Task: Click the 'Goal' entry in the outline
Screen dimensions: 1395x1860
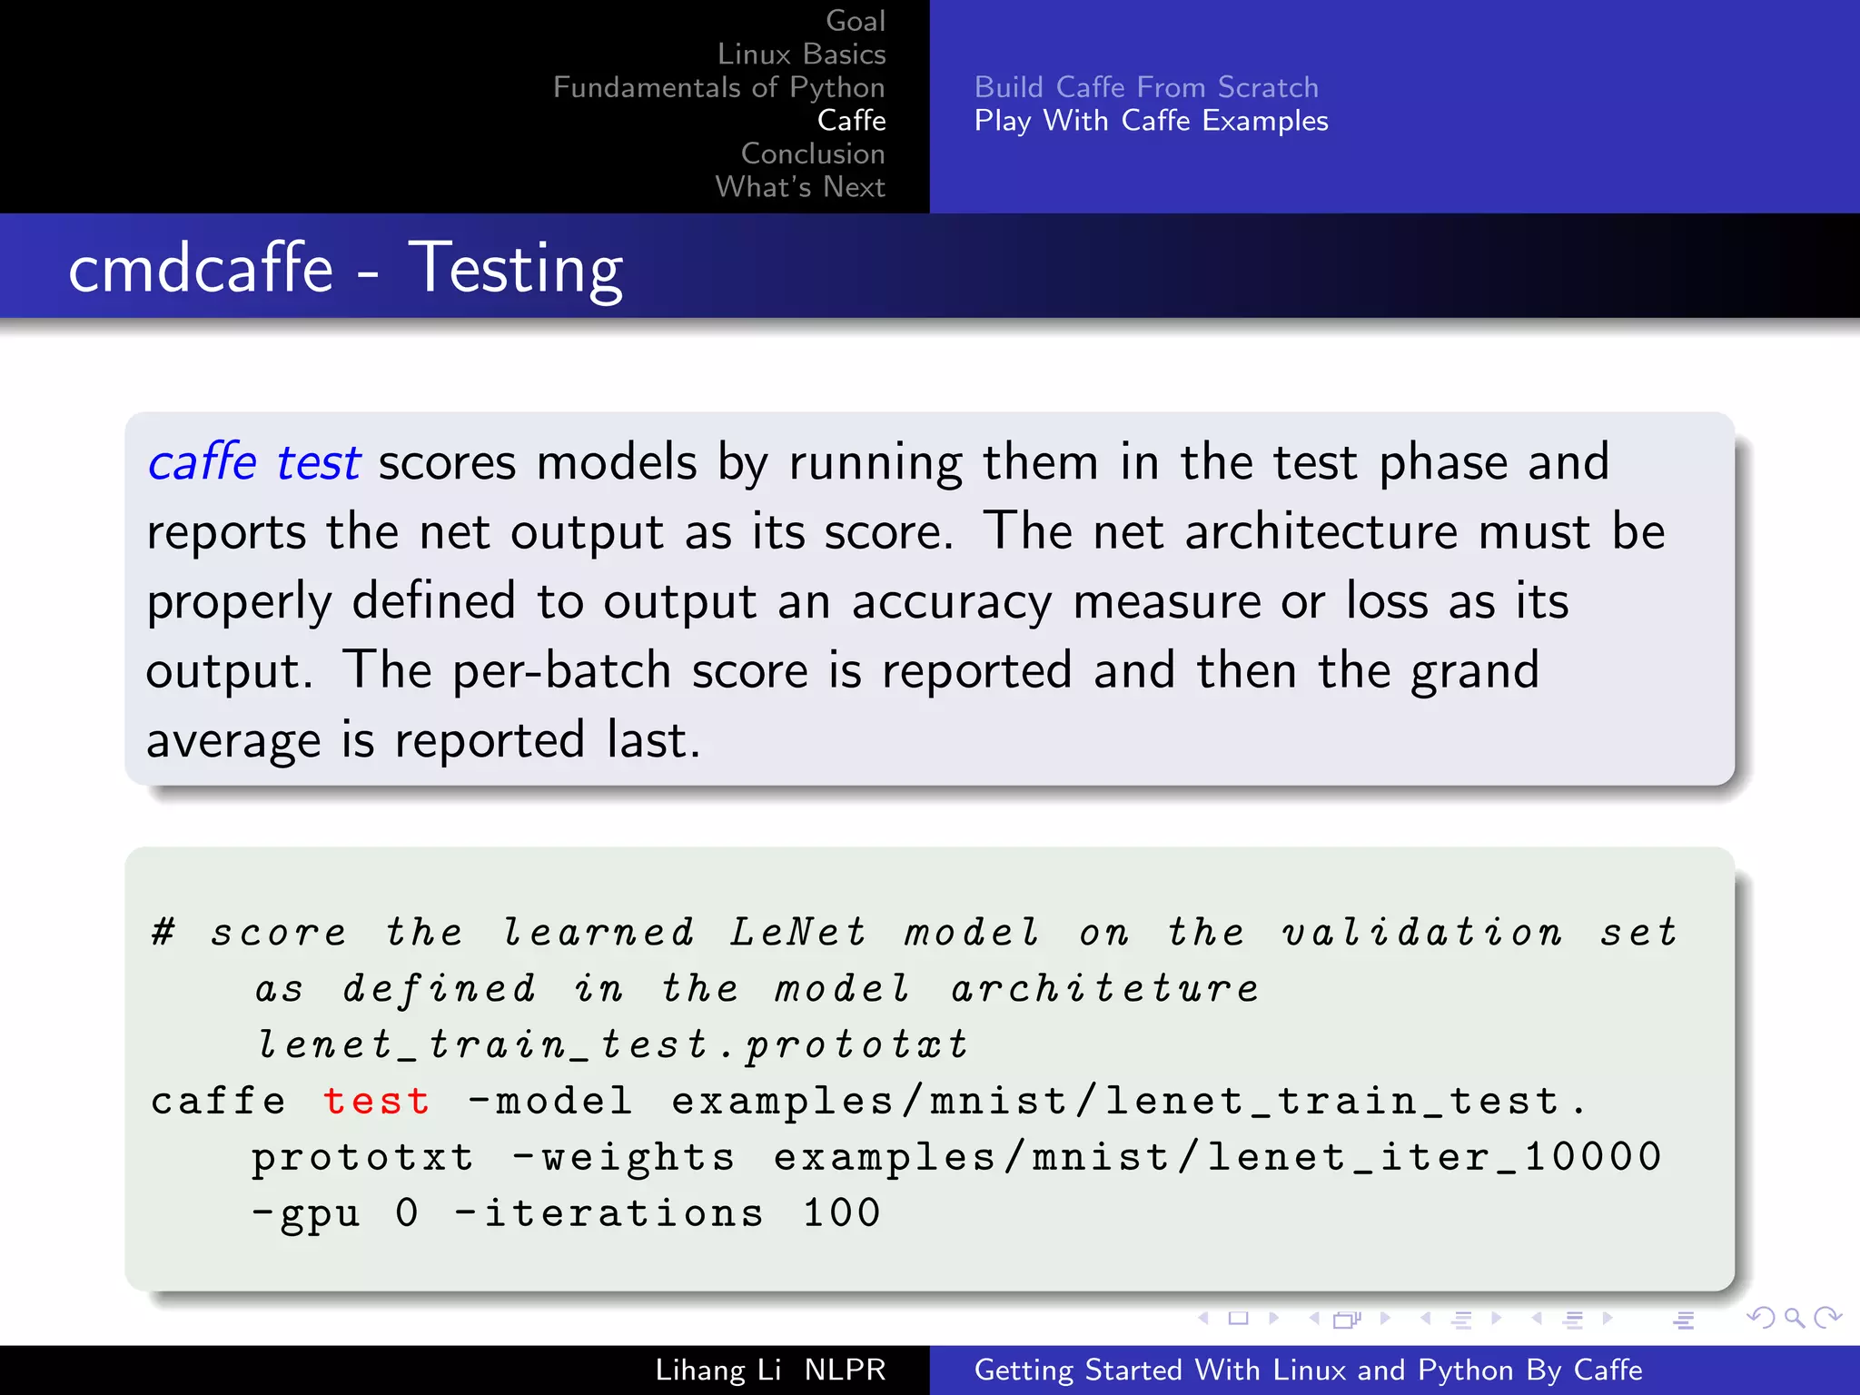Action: coord(855,21)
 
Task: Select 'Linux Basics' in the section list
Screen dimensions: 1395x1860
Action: coord(801,54)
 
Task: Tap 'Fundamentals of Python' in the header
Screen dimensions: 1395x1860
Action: coord(718,87)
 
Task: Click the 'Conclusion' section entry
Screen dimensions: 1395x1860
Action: coord(812,153)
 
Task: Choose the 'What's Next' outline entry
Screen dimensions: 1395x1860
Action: coord(799,187)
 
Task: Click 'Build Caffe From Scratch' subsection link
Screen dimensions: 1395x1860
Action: coord(1146,87)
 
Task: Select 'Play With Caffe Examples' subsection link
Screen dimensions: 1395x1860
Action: coord(1151,121)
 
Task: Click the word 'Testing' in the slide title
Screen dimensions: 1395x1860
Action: coord(515,269)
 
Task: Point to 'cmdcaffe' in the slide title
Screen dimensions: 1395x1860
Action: coord(201,269)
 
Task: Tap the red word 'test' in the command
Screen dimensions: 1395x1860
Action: coord(376,1102)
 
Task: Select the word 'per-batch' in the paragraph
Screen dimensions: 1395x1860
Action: coord(561,671)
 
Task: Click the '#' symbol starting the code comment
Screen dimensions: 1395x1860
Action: coord(163,932)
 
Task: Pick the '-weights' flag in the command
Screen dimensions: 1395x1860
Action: coord(623,1158)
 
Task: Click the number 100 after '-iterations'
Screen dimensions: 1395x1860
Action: coord(842,1213)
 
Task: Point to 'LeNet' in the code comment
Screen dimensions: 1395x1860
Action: coord(798,933)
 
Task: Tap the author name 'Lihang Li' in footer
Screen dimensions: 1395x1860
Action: coord(718,1370)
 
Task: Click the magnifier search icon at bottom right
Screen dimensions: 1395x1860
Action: coord(1794,1318)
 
